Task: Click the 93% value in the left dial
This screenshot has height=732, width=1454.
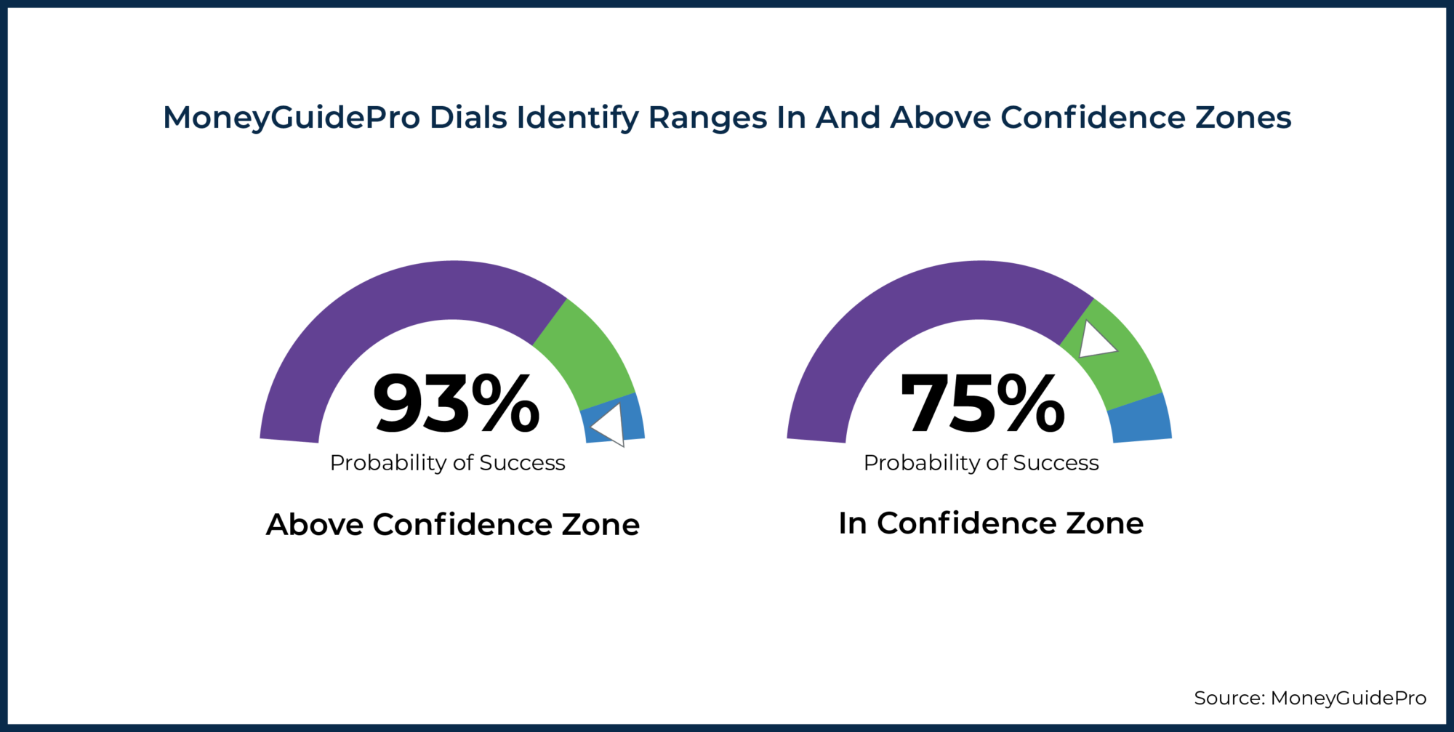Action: [456, 404]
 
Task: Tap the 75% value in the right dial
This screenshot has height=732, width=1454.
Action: [982, 404]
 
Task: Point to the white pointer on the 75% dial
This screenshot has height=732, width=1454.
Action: [1094, 341]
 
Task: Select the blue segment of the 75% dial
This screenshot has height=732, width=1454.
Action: [1140, 419]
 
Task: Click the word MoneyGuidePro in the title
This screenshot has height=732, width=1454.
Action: [292, 118]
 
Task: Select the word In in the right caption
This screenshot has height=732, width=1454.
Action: [852, 523]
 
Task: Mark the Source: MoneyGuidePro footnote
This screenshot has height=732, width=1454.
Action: [1309, 698]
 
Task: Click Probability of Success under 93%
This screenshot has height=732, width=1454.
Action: [447, 463]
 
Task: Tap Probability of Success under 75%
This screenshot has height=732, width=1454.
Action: [981, 463]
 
